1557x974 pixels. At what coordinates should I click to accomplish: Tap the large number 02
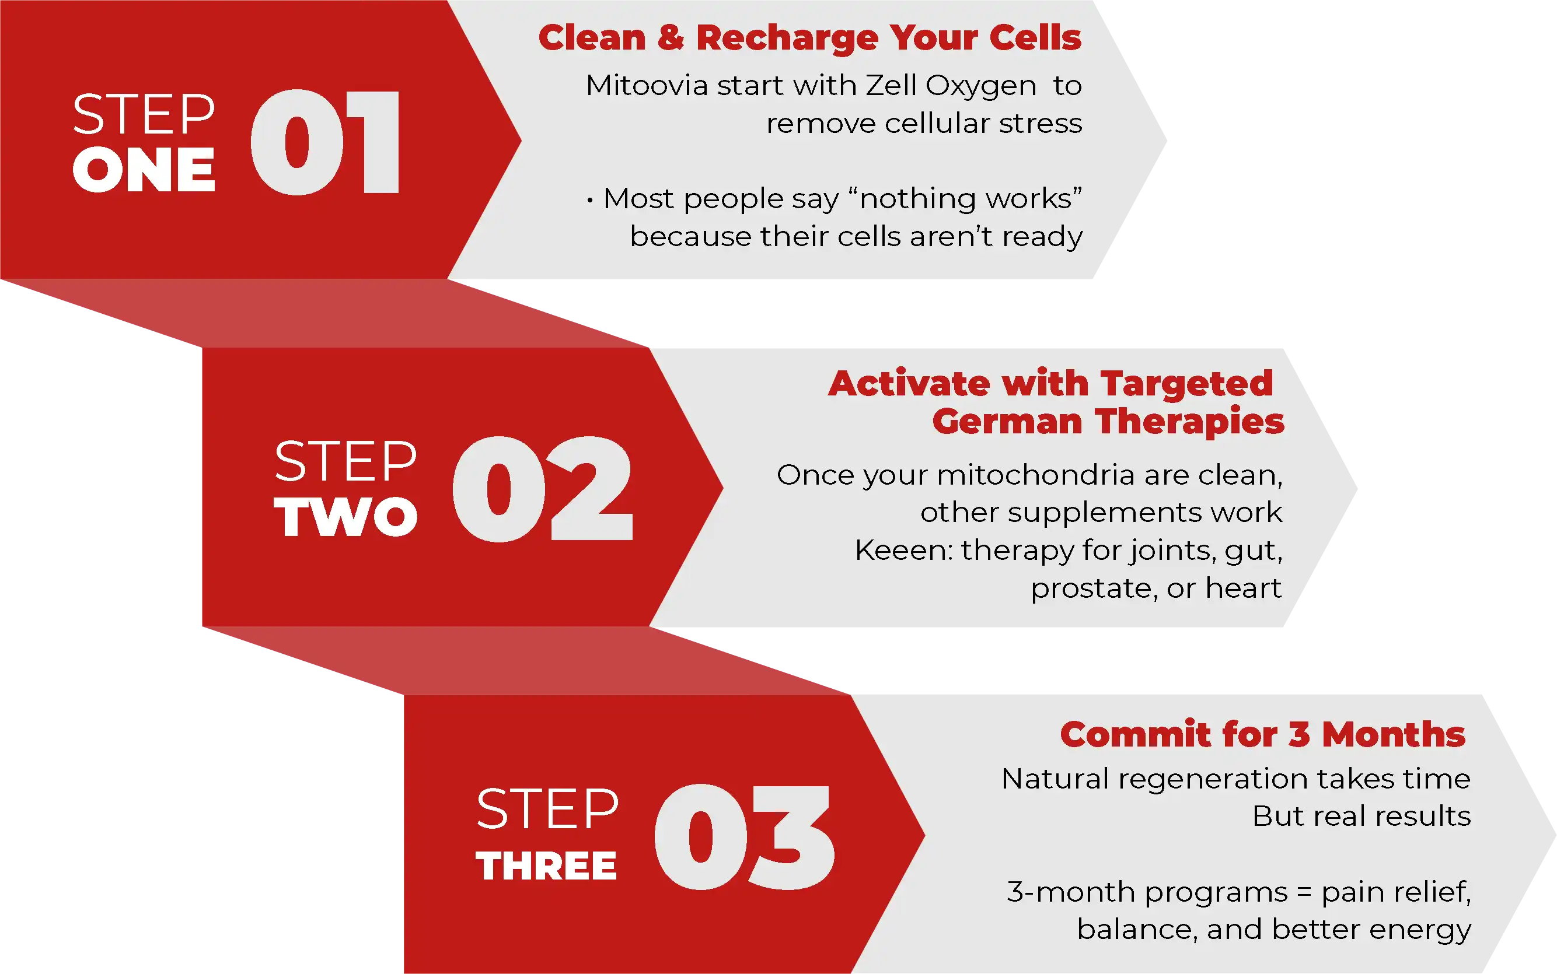pyautogui.click(x=543, y=489)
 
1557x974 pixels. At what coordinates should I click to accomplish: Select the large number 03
pyautogui.click(x=744, y=837)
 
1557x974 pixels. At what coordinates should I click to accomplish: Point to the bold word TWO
pyautogui.click(x=346, y=517)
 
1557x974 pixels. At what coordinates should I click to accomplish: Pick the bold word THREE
pyautogui.click(x=546, y=865)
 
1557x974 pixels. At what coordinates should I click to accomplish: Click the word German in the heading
pyautogui.click(x=1007, y=422)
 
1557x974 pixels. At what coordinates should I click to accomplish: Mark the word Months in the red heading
pyautogui.click(x=1394, y=734)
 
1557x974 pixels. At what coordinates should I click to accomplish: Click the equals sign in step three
pyautogui.click(x=1304, y=893)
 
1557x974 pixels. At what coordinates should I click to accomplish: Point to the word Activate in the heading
pyautogui.click(x=909, y=384)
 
